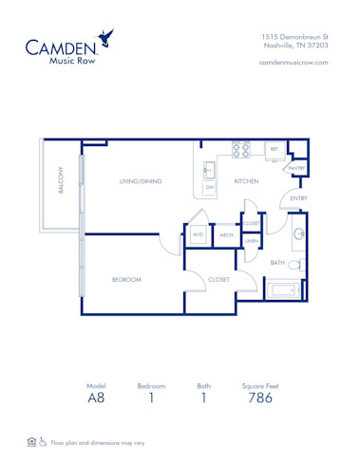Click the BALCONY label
(x=61, y=181)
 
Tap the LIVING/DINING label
(x=139, y=180)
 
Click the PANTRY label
(x=296, y=168)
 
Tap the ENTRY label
(x=298, y=198)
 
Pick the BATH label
(x=277, y=262)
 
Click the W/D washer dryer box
(x=198, y=234)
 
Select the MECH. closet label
(x=226, y=234)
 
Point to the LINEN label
(x=251, y=241)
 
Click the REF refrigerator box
(x=274, y=150)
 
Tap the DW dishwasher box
(x=209, y=188)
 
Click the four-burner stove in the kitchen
(x=241, y=149)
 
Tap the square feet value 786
(x=259, y=400)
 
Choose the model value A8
(x=96, y=400)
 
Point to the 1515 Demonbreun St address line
(x=294, y=35)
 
